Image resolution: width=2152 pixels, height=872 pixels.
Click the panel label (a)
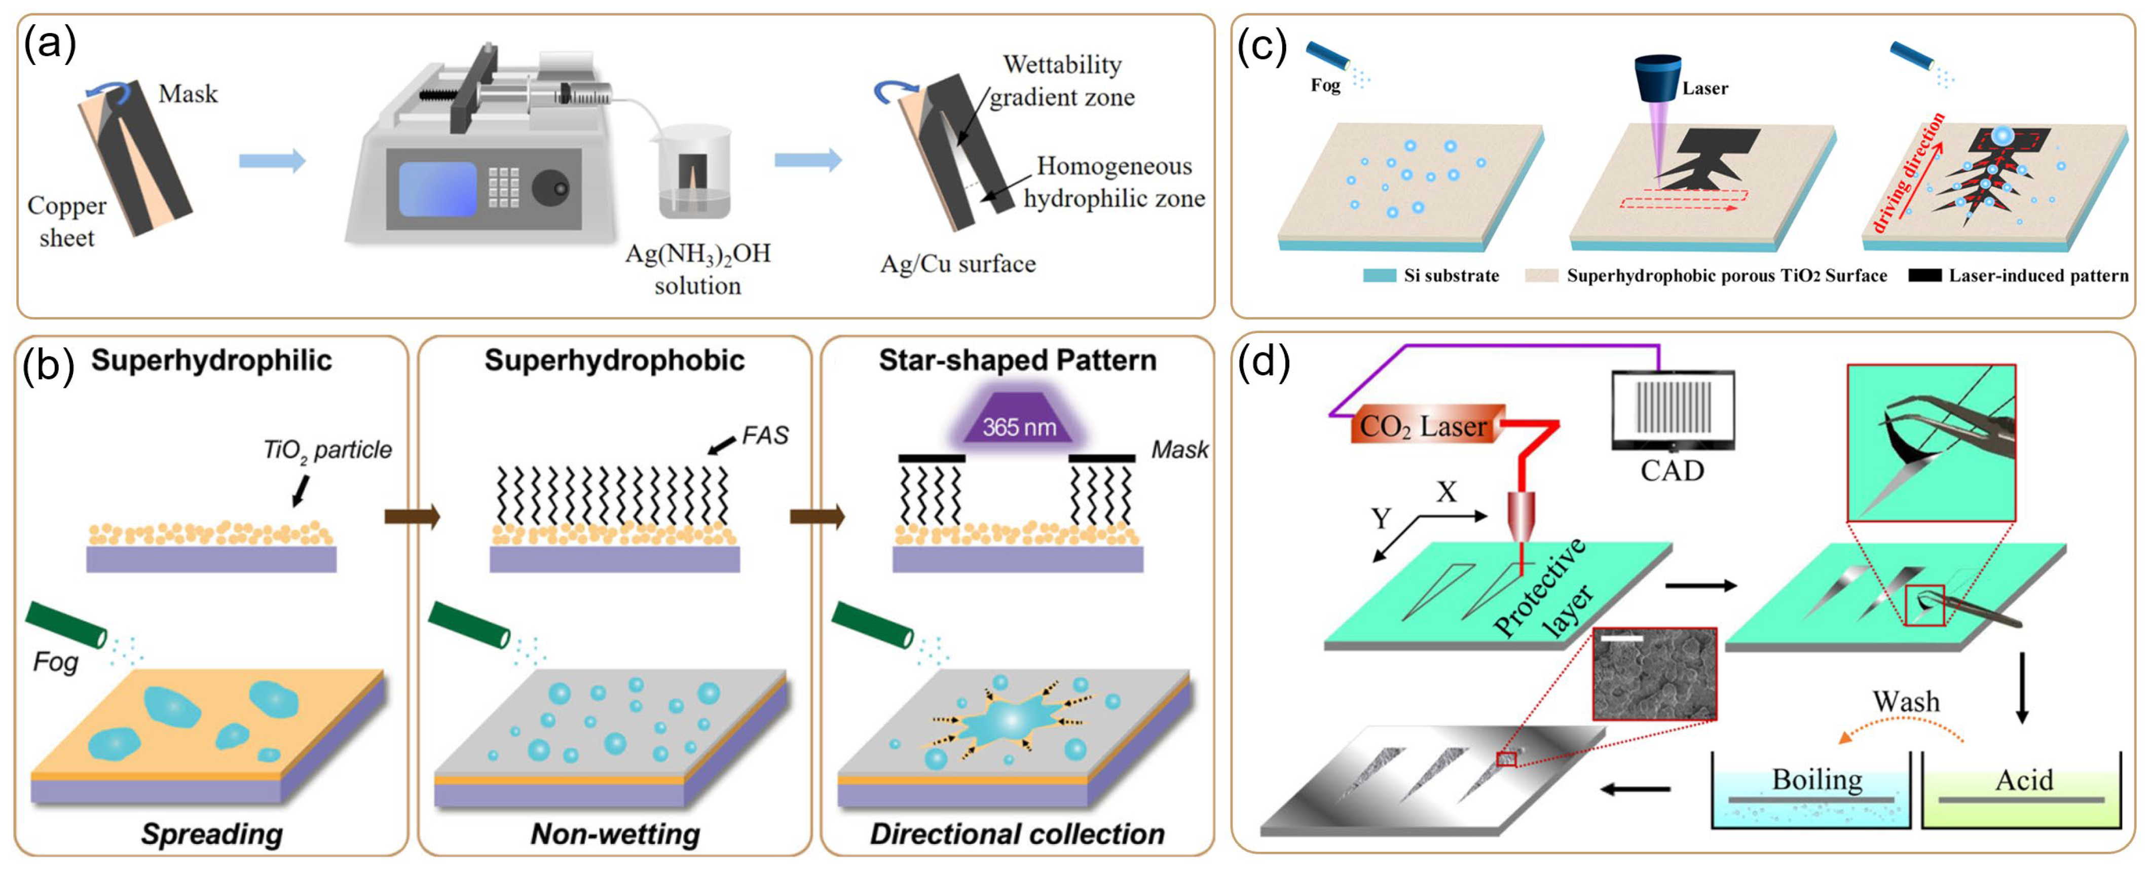coord(49,44)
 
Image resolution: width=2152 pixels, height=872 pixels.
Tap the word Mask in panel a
coord(188,94)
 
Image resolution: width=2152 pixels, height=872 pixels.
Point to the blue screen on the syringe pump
coord(437,190)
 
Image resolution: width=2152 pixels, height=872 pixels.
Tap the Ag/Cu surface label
coord(957,264)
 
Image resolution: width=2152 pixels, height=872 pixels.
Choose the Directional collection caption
coord(1017,833)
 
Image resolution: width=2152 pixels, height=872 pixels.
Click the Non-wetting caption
coord(616,833)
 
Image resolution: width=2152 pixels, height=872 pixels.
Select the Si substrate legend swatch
coord(1379,276)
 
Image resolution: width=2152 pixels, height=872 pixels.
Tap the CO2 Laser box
coord(1424,426)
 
